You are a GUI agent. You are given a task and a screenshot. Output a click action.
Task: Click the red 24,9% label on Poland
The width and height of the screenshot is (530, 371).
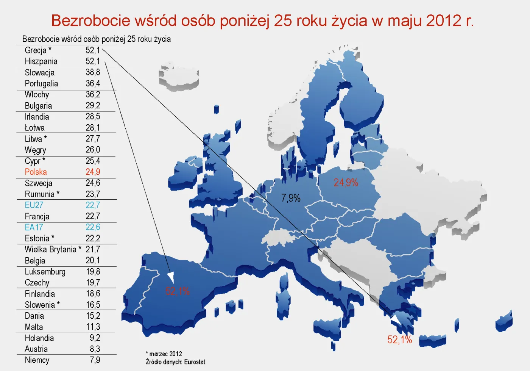(346, 183)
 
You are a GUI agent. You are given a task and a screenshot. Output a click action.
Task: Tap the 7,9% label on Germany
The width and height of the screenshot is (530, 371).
(290, 198)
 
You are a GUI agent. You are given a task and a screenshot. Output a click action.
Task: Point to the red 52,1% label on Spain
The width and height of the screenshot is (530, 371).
(177, 291)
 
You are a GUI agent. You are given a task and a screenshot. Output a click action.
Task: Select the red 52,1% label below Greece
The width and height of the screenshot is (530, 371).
(399, 340)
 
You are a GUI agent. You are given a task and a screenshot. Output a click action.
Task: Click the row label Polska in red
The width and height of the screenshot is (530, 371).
(36, 172)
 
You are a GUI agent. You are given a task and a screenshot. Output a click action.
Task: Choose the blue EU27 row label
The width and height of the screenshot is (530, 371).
(34, 205)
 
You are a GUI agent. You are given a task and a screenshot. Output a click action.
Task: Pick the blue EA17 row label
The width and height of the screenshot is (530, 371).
(34, 227)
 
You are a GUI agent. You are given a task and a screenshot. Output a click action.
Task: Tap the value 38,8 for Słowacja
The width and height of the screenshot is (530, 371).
(93, 72)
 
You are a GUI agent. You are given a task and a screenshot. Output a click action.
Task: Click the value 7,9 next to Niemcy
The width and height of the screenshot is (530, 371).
(95, 360)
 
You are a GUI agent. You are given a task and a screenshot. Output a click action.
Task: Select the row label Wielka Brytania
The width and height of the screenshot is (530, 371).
(51, 249)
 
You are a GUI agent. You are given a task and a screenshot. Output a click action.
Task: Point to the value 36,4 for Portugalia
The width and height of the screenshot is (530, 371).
(93, 83)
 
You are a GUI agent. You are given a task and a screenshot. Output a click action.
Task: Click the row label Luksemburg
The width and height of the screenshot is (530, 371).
(45, 272)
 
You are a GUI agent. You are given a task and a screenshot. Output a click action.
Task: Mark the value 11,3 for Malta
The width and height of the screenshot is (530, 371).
(93, 327)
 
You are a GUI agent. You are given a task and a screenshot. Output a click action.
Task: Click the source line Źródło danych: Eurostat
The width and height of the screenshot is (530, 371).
(175, 362)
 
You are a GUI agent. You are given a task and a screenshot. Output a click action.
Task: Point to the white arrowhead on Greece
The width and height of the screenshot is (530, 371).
(396, 320)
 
